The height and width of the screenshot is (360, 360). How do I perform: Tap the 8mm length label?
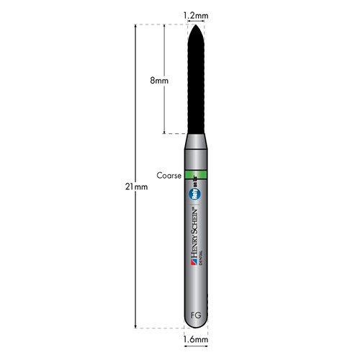[x=159, y=81]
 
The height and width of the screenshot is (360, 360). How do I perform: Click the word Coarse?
[x=169, y=174]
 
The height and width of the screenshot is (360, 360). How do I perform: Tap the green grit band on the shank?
[x=196, y=174]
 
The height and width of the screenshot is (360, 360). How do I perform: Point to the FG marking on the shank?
[x=195, y=315]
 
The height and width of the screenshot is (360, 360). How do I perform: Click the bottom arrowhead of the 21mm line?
[x=136, y=326]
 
